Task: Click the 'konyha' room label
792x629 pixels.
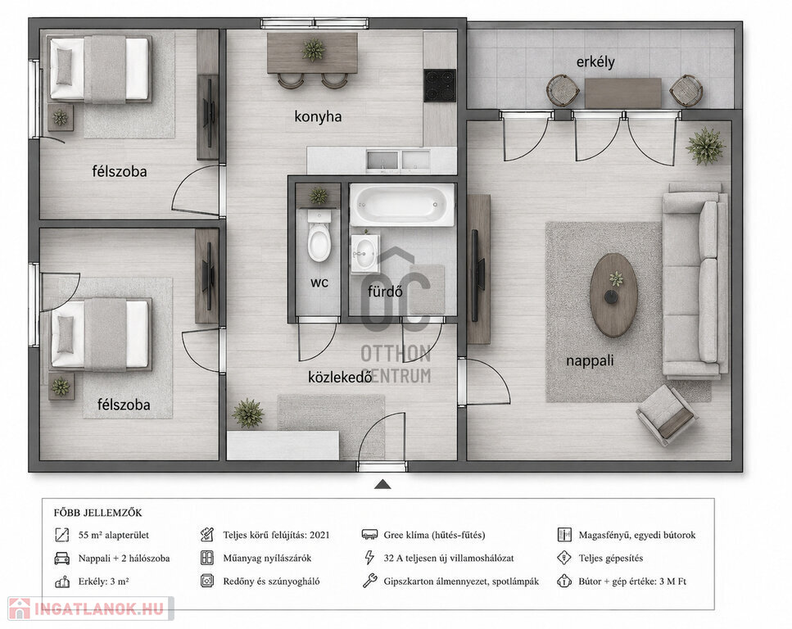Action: tap(318, 116)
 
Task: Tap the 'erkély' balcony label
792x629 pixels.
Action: tap(595, 62)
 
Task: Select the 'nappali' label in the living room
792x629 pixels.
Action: tap(590, 361)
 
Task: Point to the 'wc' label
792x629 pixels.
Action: tap(319, 283)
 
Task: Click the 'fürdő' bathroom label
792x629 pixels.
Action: tap(385, 291)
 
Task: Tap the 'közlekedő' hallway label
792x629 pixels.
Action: tap(340, 377)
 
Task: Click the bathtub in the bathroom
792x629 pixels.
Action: tap(401, 205)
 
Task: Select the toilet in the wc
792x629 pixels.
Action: tap(319, 236)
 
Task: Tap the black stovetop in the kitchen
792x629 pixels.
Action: tap(440, 85)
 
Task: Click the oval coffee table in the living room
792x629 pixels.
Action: tap(613, 295)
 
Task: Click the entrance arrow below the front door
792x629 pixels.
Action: tap(382, 485)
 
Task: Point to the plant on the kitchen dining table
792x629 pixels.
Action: tap(313, 49)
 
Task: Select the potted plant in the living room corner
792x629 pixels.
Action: tap(705, 146)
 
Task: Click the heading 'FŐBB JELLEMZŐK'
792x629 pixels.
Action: tap(98, 513)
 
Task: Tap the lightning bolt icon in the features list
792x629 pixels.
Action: tap(369, 558)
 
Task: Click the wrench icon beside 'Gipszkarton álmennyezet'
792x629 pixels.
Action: tap(369, 581)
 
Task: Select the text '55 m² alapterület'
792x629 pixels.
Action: tap(114, 535)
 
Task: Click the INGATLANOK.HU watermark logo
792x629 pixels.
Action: tap(90, 609)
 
